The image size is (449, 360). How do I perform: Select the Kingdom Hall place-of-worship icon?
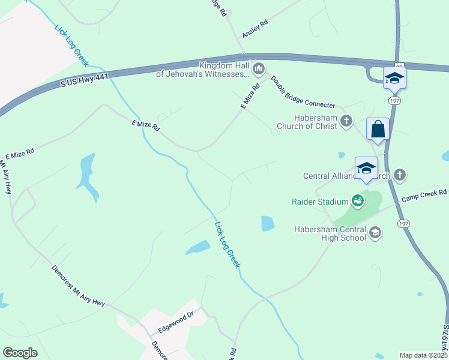click(x=259, y=69)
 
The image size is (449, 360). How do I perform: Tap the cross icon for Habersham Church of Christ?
click(x=346, y=121)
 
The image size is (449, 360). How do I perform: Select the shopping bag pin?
click(x=378, y=130)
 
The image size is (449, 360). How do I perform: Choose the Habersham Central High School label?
click(x=330, y=233)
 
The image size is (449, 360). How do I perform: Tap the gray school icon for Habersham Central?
click(x=375, y=233)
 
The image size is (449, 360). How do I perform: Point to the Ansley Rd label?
click(x=255, y=29)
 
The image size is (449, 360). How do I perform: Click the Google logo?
click(x=20, y=353)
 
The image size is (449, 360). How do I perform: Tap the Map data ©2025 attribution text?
click(x=423, y=355)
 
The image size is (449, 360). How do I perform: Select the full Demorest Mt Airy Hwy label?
click(x=78, y=286)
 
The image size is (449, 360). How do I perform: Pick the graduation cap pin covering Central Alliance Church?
click(x=366, y=169)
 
